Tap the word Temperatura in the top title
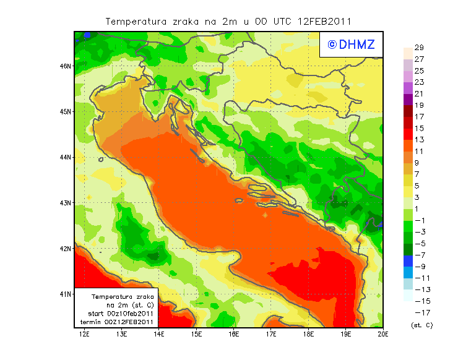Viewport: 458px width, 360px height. [135, 21]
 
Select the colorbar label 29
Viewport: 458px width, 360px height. [418, 48]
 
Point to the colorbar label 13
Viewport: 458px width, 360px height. [418, 140]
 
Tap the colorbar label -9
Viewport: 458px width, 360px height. [419, 267]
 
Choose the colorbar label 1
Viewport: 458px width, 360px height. [418, 209]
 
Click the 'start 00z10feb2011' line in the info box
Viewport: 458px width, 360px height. [119, 314]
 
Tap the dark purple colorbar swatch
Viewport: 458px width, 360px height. [407, 99]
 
